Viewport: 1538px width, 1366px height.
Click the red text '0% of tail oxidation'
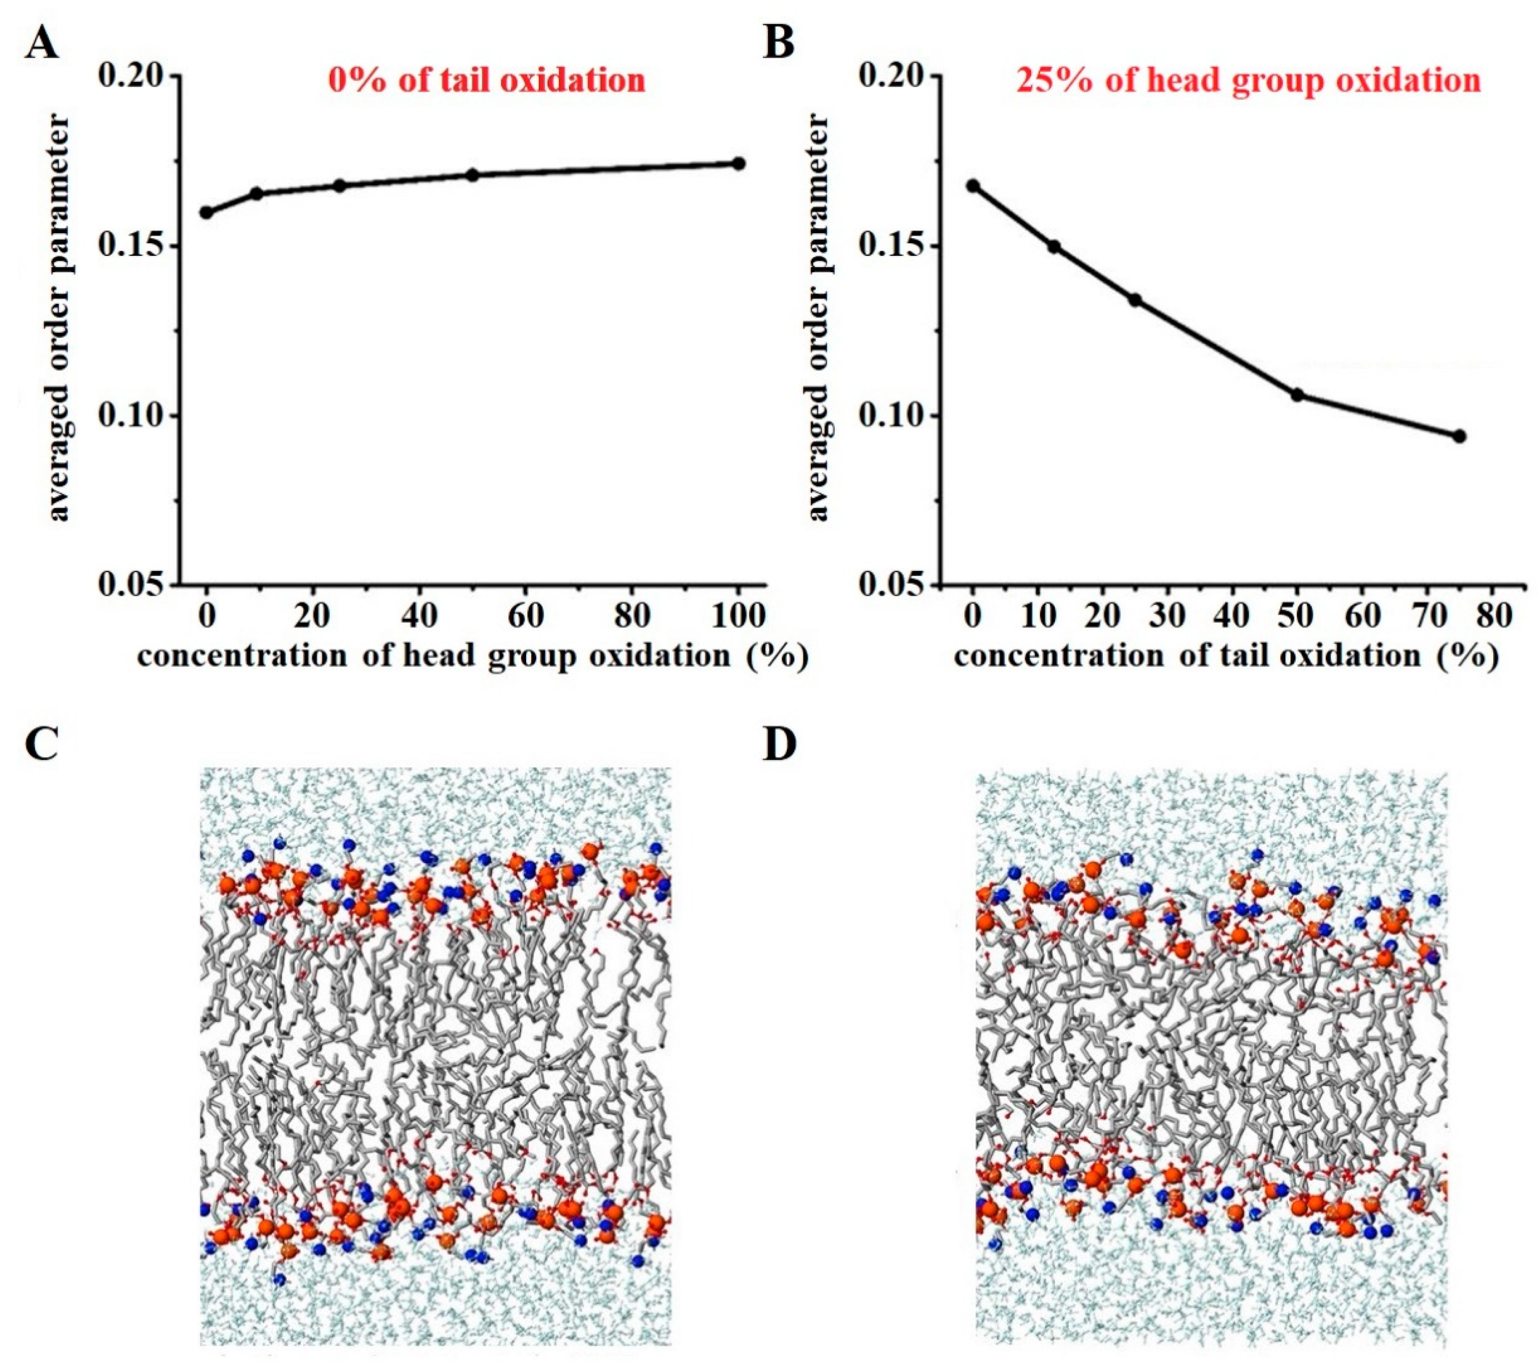[x=487, y=80]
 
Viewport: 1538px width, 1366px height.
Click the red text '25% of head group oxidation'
[x=1248, y=80]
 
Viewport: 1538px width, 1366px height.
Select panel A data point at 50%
[x=472, y=175]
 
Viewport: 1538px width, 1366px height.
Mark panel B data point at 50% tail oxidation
[x=1297, y=394]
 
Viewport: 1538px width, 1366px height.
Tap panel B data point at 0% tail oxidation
[x=973, y=185]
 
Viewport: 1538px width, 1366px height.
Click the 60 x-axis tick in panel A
[x=525, y=616]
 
